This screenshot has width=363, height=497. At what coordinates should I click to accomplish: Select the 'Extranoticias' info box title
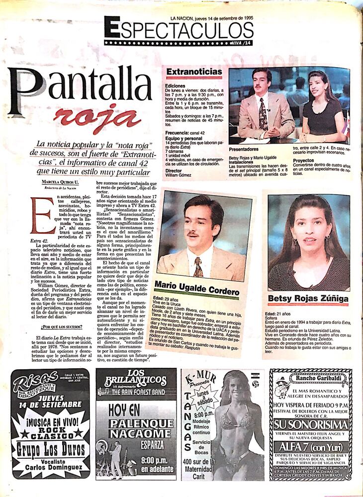(194, 72)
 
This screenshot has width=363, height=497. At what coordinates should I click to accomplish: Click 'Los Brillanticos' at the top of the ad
(135, 379)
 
